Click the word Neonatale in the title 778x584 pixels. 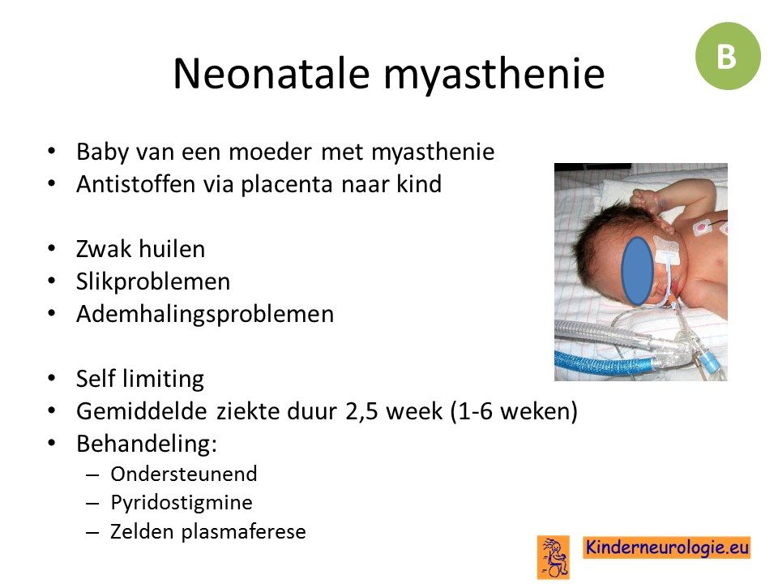coord(271,74)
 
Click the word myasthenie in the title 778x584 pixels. coord(494,76)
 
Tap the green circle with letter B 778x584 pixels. coord(728,56)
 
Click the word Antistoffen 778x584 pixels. coord(135,184)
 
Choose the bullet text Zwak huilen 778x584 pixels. coord(140,249)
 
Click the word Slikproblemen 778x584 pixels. coord(153,281)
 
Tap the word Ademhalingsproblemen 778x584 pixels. coord(205,315)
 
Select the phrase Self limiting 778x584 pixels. coord(140,379)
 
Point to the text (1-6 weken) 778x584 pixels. coord(514,412)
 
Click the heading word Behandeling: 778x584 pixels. coord(147,444)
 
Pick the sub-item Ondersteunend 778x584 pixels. coord(184,474)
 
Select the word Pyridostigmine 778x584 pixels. coord(182,503)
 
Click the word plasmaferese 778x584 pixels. coord(243,531)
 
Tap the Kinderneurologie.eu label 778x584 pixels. coord(667,547)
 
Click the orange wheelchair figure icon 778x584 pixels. coord(554,556)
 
